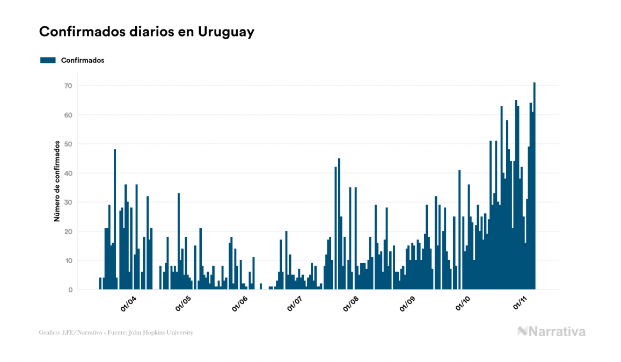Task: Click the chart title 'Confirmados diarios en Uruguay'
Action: pos(147,32)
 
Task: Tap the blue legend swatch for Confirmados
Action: pos(48,60)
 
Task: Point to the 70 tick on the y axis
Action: pos(68,86)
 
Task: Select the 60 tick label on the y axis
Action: pos(68,115)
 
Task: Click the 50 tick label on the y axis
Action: pos(68,144)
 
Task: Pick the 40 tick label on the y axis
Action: pos(68,173)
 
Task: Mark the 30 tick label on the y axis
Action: pos(68,202)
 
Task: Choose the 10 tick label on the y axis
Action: pos(68,260)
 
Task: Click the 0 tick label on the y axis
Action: pos(70,290)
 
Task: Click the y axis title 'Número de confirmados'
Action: pos(56,181)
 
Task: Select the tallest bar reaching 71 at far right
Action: pos(535,186)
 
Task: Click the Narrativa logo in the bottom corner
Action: pos(551,331)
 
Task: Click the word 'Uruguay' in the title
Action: pos(226,32)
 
